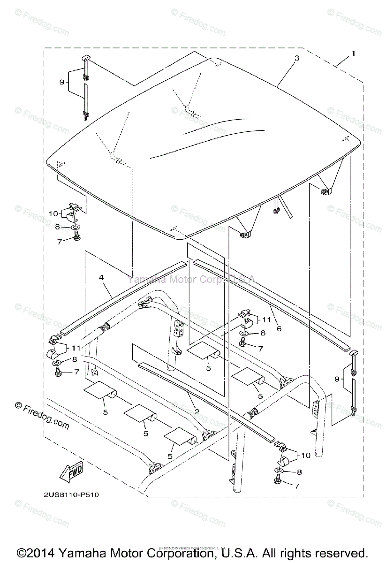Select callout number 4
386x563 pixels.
click(x=101, y=278)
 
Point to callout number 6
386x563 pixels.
click(x=279, y=329)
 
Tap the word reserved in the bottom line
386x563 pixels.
click(x=342, y=552)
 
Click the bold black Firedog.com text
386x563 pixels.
click(x=42, y=416)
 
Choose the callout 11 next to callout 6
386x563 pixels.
click(x=266, y=320)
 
